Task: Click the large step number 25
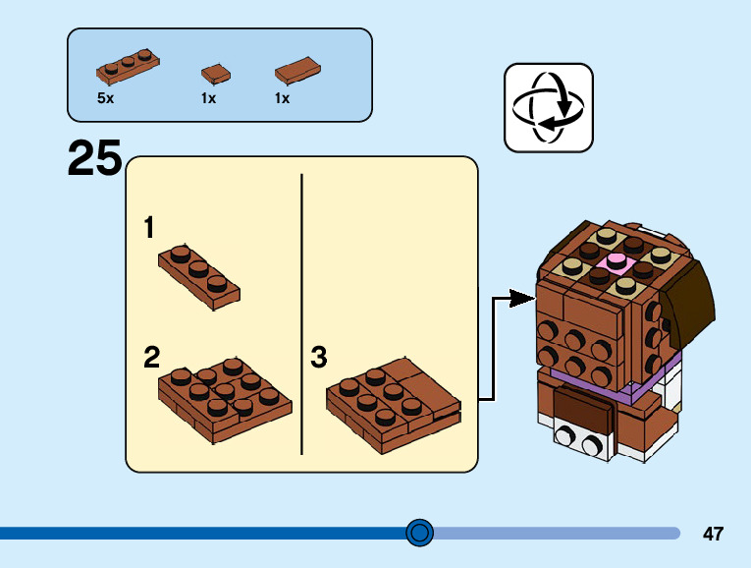pos(95,159)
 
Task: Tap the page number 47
pos(713,534)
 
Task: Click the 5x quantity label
pos(105,98)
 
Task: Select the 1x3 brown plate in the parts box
pos(128,67)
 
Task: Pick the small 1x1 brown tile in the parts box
pos(215,73)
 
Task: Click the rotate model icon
pos(549,108)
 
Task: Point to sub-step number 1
pos(149,229)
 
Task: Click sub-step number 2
pos(151,357)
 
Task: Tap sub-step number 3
pos(318,357)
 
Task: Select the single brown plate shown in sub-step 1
pos(199,276)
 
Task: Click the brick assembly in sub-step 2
pos(225,398)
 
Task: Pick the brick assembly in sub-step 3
pos(394,402)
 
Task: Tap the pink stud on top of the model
pos(617,261)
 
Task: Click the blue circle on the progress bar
pos(419,533)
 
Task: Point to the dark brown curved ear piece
pos(693,295)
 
